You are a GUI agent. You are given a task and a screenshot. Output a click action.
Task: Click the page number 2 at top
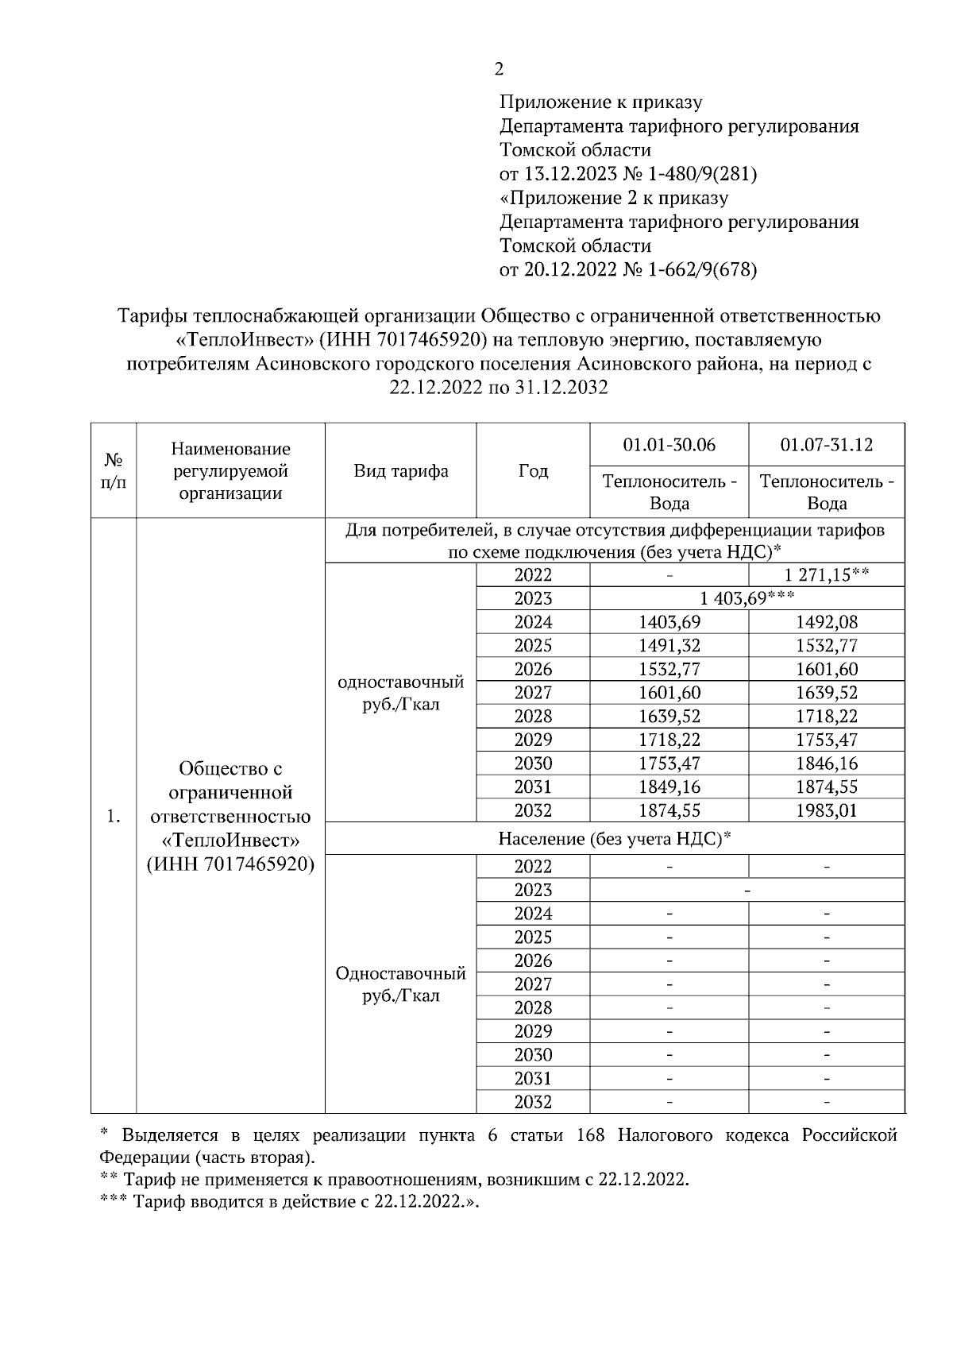[499, 69]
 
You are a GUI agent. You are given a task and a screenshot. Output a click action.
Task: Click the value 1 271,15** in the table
[827, 575]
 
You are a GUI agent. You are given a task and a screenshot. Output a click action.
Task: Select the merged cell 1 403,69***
[747, 598]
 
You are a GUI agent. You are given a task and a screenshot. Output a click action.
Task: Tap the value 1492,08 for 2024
[827, 622]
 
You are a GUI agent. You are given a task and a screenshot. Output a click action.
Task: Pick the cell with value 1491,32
[669, 645]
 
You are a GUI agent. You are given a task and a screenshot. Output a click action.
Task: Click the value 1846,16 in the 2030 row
[827, 763]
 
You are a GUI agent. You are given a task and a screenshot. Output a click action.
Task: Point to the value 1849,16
[669, 787]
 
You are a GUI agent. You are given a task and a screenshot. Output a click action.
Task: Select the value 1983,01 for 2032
[827, 811]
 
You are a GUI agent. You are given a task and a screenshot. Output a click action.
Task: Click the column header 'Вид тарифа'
[401, 471]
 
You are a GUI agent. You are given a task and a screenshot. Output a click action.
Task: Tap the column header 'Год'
[533, 471]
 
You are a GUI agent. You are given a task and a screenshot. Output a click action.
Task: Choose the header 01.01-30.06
[669, 445]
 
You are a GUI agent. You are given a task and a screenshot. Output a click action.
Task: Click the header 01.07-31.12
[827, 445]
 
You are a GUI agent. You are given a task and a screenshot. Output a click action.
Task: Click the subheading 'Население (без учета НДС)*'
[615, 839]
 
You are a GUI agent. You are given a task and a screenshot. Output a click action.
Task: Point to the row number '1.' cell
[114, 816]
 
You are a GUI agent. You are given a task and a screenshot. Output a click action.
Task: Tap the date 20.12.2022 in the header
[570, 270]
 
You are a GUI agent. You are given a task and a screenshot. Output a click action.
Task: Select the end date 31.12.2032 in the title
[564, 388]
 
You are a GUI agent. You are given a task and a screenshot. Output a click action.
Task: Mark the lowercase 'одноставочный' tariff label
[401, 682]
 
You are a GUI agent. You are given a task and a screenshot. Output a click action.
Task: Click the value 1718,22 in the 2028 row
[827, 717]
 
